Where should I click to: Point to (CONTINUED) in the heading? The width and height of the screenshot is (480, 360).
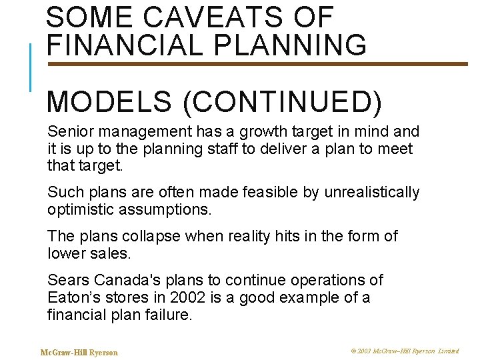(x=281, y=102)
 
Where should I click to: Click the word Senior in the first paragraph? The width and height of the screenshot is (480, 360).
(x=67, y=131)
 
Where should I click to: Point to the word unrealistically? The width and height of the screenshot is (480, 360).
(x=372, y=193)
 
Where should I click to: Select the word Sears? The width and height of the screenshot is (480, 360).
(x=67, y=280)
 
